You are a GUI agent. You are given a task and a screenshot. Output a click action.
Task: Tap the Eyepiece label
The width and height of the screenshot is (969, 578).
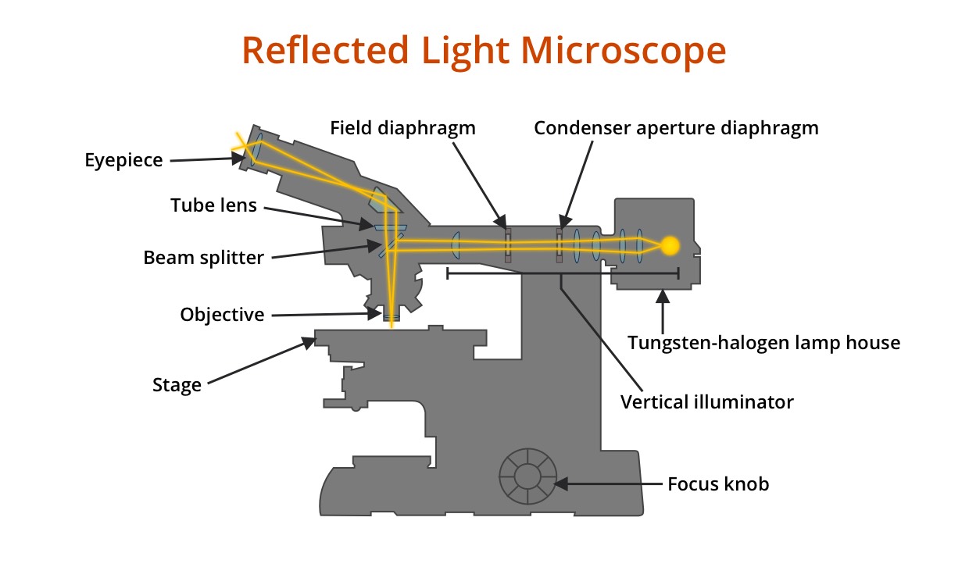(x=123, y=161)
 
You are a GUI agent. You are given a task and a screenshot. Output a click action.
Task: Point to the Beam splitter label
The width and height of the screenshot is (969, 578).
(x=203, y=258)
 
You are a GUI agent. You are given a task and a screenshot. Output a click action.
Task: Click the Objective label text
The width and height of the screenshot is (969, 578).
(x=222, y=315)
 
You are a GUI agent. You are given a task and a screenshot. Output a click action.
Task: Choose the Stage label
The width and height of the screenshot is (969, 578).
(x=177, y=385)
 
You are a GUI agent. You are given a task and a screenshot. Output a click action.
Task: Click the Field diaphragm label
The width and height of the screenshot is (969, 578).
(x=402, y=128)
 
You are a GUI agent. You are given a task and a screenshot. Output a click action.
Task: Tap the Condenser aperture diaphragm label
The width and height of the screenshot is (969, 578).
(x=676, y=128)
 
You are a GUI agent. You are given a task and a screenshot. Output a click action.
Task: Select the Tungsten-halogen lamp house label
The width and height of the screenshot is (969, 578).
(x=764, y=342)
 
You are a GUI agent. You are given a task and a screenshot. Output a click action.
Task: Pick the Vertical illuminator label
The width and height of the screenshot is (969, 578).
(x=706, y=402)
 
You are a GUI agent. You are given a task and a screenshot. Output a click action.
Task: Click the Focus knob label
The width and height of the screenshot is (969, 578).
(x=718, y=484)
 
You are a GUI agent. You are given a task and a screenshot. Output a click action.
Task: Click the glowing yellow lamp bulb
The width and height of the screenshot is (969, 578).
(x=670, y=245)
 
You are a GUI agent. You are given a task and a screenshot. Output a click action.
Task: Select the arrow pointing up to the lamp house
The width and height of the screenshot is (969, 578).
(x=663, y=309)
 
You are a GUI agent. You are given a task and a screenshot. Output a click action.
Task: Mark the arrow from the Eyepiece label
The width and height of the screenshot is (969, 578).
(x=207, y=159)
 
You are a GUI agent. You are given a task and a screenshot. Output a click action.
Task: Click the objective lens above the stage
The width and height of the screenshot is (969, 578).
(x=391, y=316)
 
